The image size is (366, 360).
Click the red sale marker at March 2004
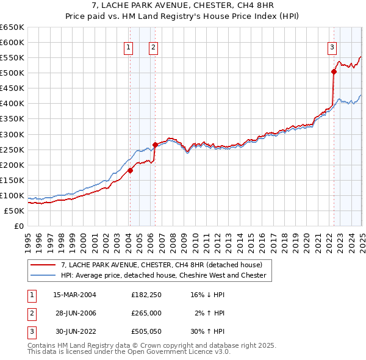coord(130,170)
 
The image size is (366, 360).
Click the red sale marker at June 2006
coord(155,145)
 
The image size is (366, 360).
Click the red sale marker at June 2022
coord(334,71)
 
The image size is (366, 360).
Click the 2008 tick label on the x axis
coord(173,238)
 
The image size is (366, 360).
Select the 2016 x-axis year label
coord(262,238)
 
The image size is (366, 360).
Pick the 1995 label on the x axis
coord(28,238)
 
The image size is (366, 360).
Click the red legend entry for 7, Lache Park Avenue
coord(161,265)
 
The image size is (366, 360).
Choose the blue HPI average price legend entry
coord(163,275)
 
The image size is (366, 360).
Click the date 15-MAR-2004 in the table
coord(75,295)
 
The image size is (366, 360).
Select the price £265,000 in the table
coord(146,313)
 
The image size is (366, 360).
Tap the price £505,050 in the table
coord(146,331)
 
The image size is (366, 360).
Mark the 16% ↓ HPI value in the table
coord(207,295)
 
